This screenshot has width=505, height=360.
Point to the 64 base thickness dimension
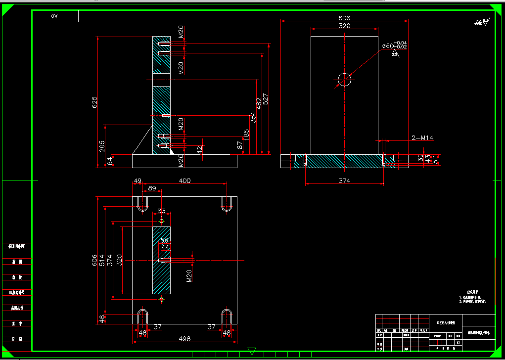pos(110,161)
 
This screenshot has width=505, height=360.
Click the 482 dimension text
pos(259,103)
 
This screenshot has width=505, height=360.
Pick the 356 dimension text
pos(253,117)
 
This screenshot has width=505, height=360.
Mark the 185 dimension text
pos(246,134)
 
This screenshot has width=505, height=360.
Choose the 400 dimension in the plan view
pos(184,181)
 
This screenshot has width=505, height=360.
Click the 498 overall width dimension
pos(184,339)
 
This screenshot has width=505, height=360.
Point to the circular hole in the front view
pos(344,80)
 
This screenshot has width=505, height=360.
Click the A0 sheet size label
pos(55,16)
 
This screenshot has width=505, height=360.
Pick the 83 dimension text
pos(161,211)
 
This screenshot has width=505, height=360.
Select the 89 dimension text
pos(152,188)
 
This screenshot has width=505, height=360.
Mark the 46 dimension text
pos(102,319)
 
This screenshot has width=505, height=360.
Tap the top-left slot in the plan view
pos(143,203)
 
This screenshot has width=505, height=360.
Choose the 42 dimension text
pos(200,149)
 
